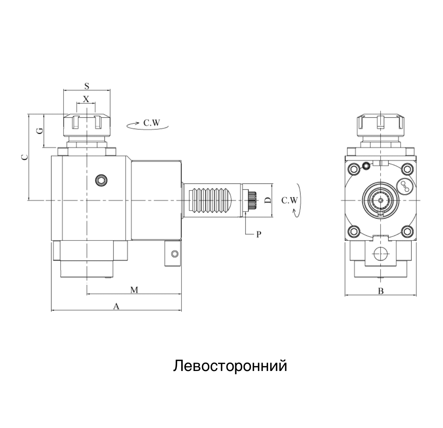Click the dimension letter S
(87, 86)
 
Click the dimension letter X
(86, 99)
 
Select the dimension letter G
(41, 130)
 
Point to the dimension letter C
(24, 157)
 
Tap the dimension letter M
(134, 290)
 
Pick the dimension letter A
(116, 306)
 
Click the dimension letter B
(381, 291)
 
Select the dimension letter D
(268, 200)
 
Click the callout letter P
(259, 234)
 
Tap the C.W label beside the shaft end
(290, 200)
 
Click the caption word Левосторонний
(230, 365)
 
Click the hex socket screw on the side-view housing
(101, 179)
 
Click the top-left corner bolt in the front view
(353, 169)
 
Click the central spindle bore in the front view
(381, 200)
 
